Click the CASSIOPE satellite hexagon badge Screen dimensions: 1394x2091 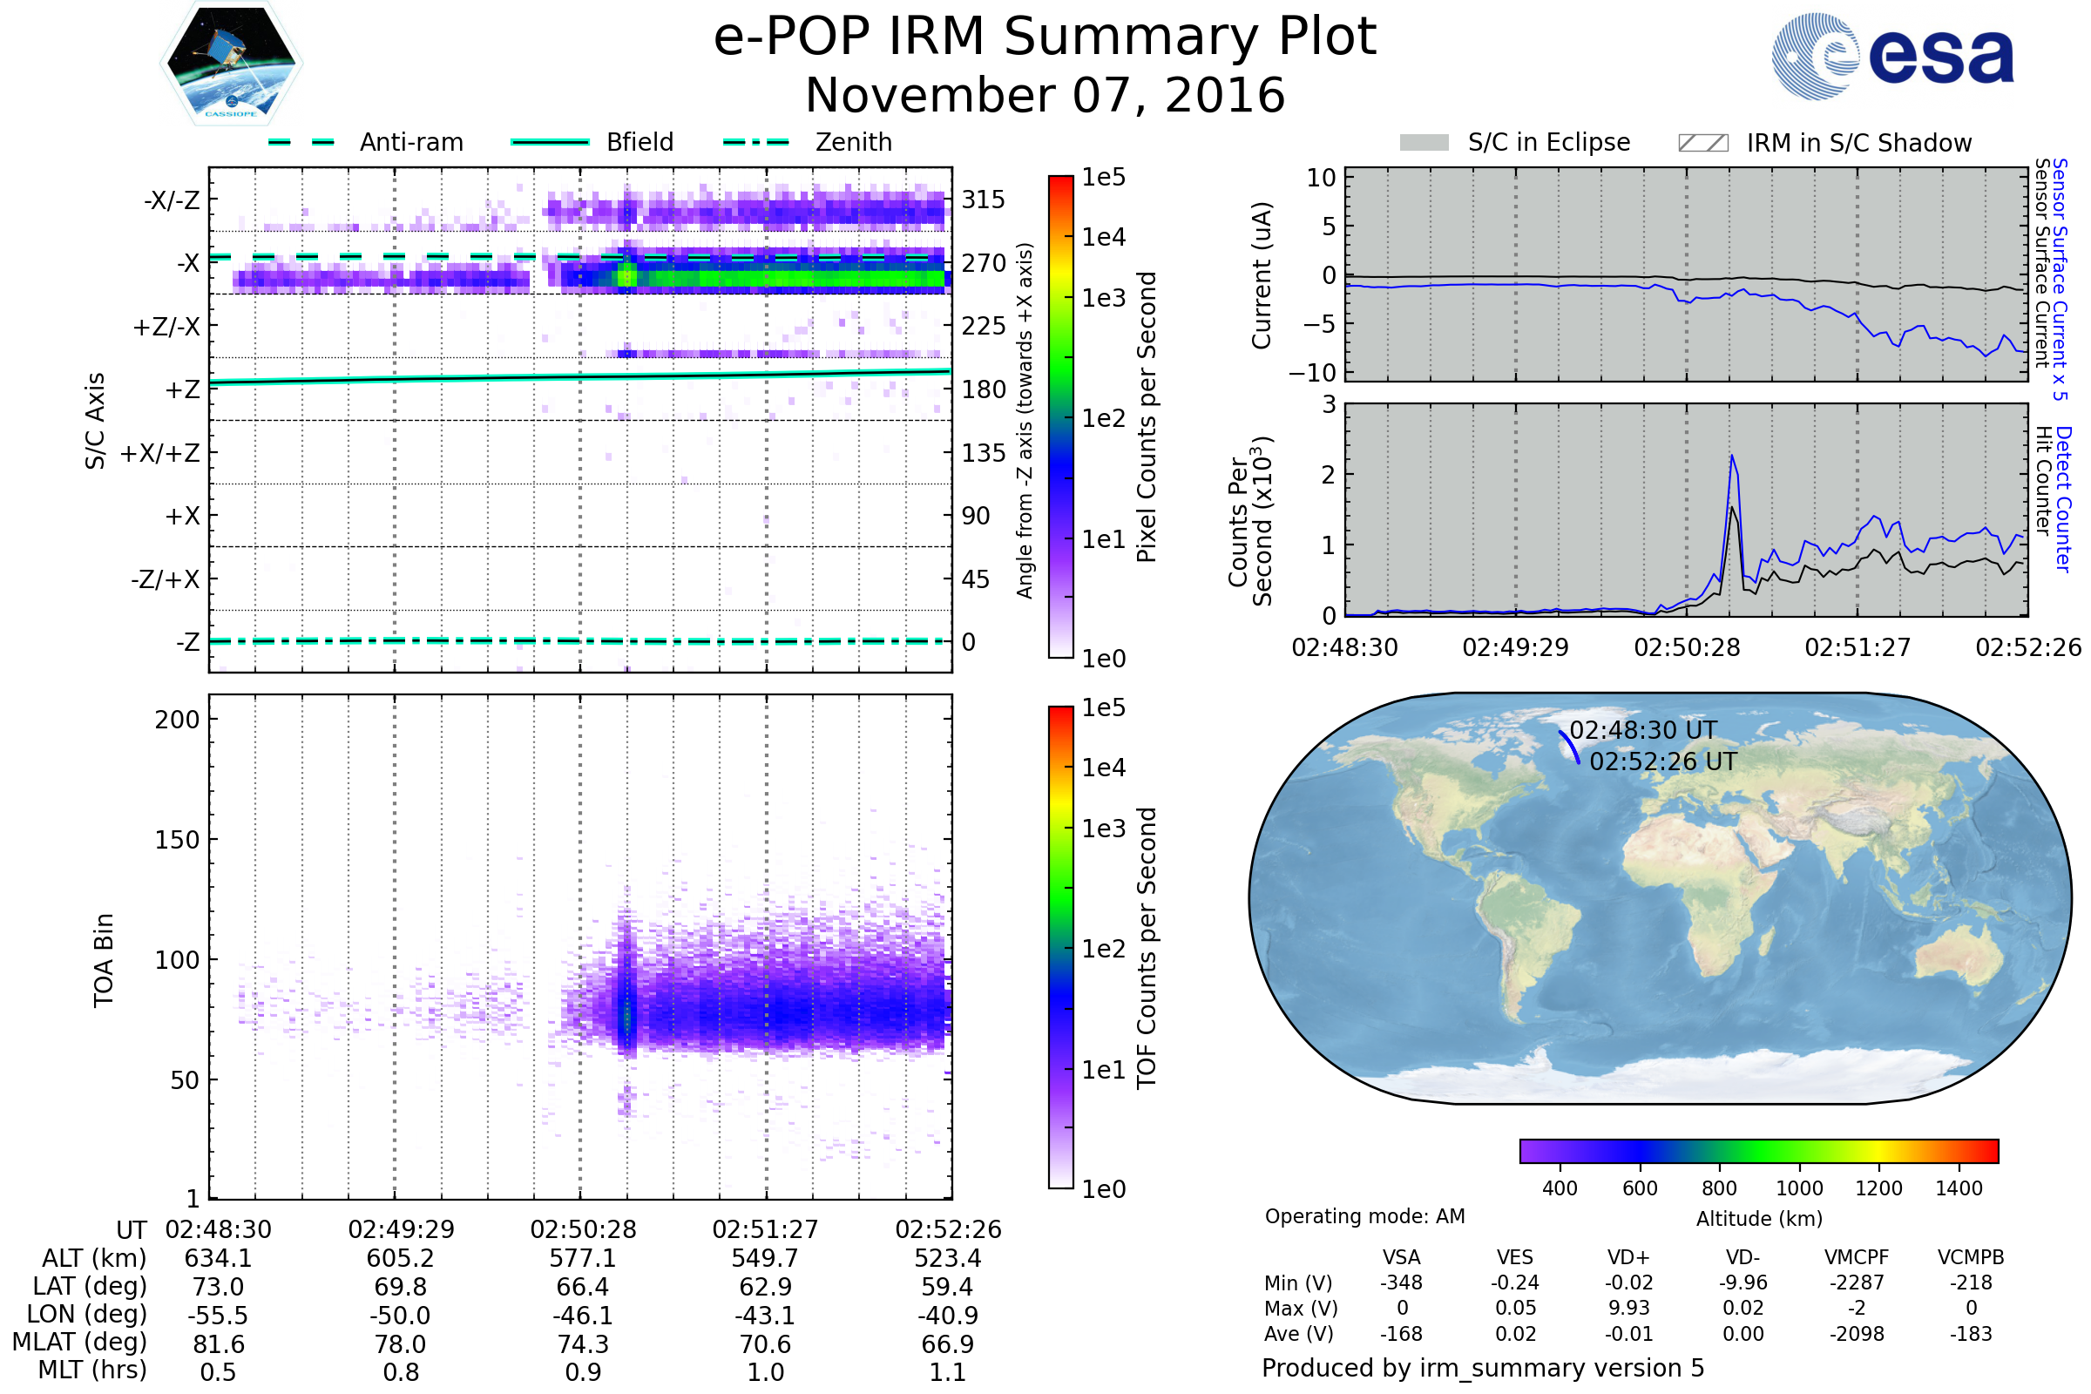coord(231,63)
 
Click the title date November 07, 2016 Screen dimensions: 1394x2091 coord(1045,95)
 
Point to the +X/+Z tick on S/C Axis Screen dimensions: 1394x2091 coord(160,453)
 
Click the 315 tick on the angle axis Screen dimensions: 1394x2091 coord(983,200)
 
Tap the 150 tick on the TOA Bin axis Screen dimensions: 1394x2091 coord(177,839)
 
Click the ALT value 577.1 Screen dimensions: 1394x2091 coord(582,1258)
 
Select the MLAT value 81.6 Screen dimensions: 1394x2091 coord(218,1343)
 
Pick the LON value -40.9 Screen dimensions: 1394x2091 coord(948,1315)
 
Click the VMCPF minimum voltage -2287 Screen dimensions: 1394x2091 coord(1857,1282)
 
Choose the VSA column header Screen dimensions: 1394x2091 coord(1401,1257)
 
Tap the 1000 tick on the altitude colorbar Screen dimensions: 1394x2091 coord(1798,1188)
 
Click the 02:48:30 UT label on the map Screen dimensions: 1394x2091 coord(1643,730)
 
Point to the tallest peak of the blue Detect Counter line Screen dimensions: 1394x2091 coord(1732,456)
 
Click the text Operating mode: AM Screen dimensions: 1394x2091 coord(1364,1216)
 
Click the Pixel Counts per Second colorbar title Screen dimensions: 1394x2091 coord(1147,416)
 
